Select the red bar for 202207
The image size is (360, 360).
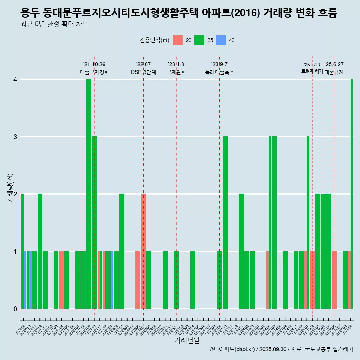click(x=143, y=251)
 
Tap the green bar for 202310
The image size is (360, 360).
click(x=225, y=223)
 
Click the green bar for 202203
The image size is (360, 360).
click(x=121, y=251)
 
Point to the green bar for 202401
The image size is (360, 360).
click(x=241, y=251)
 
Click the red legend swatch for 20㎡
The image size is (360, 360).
click(x=178, y=40)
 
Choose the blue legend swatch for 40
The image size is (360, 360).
click(x=221, y=40)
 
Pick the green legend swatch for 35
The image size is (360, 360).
click(x=199, y=40)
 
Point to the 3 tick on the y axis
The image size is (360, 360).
click(x=15, y=137)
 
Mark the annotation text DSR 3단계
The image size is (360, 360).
click(x=143, y=72)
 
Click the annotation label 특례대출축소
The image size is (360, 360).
click(x=220, y=72)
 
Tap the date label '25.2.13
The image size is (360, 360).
click(x=312, y=65)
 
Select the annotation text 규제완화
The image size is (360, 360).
click(x=176, y=72)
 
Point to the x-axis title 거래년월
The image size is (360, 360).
click(x=187, y=340)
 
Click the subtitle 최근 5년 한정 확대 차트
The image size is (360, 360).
click(x=54, y=24)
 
